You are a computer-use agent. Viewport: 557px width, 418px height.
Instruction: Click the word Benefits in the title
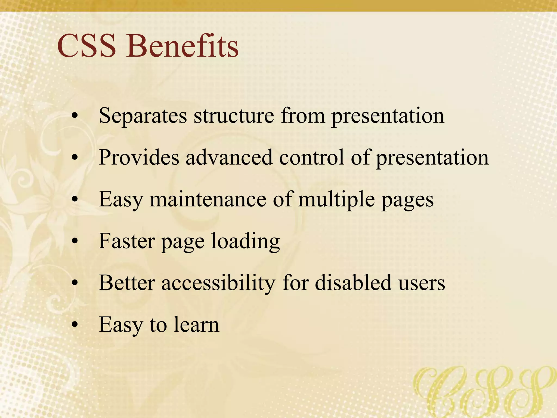tap(182, 46)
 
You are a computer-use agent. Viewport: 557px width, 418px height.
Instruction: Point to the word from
tap(303, 116)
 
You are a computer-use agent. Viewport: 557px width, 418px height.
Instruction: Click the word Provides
tap(139, 158)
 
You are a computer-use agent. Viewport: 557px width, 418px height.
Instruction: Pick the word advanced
tap(229, 158)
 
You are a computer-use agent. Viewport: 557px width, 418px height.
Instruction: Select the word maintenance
tap(208, 199)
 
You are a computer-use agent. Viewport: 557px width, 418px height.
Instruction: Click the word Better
tap(127, 283)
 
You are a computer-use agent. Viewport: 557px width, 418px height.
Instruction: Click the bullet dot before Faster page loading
tap(75, 241)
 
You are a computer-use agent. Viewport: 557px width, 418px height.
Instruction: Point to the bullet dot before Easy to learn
tap(75, 324)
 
